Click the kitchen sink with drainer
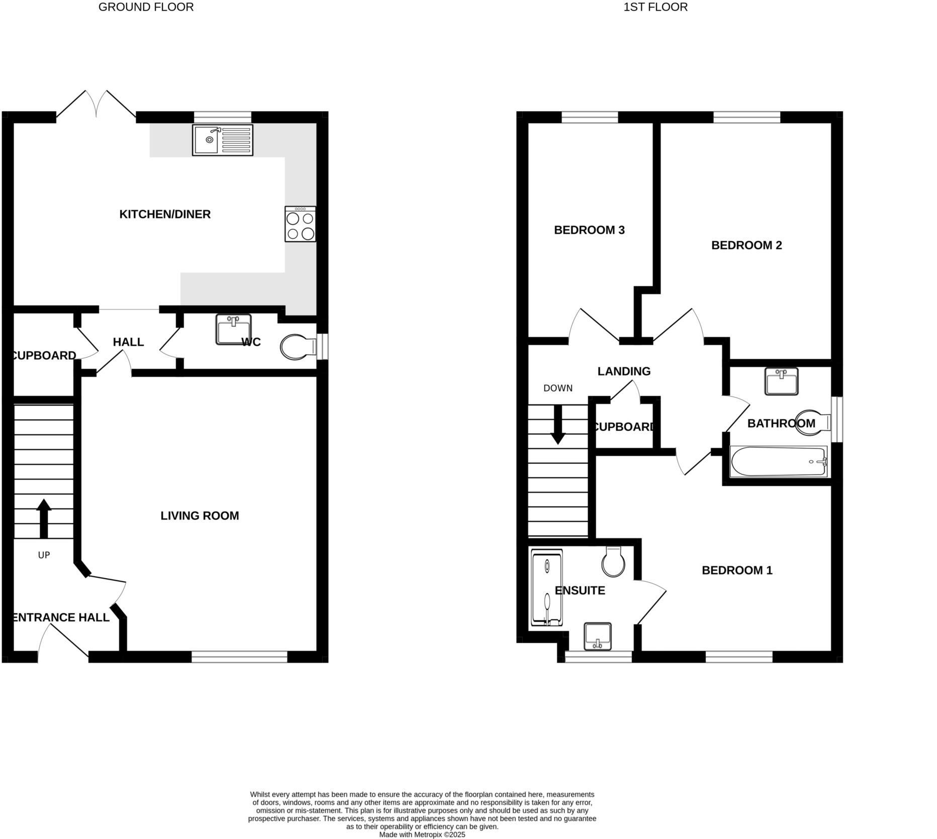[x=223, y=140]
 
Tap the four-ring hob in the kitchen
[x=300, y=224]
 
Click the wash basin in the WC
[x=233, y=330]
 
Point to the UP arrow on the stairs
[x=44, y=518]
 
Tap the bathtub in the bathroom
[x=778, y=462]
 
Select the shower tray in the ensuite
[x=546, y=587]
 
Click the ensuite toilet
[x=613, y=562]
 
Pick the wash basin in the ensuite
[x=597, y=636]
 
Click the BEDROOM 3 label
[x=589, y=230]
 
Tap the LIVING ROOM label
[x=200, y=516]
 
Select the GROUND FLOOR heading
[x=146, y=7]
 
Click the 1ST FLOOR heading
[x=655, y=7]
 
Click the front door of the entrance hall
[x=63, y=641]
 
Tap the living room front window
[x=239, y=657]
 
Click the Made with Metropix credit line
[x=422, y=834]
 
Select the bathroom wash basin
[x=781, y=382]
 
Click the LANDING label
[x=624, y=371]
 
